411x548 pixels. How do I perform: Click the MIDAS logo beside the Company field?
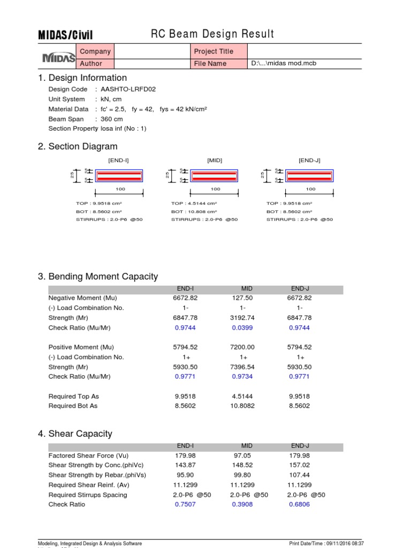point(58,57)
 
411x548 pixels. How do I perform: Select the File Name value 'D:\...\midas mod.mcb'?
point(286,64)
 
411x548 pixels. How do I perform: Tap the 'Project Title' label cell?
point(214,51)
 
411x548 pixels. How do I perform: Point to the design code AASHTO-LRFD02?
point(125,89)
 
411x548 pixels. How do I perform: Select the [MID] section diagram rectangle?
point(214,176)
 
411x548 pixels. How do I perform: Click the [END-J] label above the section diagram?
point(309,160)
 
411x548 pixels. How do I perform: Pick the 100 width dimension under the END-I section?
point(119,189)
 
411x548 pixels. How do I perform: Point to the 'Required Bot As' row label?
point(73,406)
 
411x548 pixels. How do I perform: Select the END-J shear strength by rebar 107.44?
point(299,475)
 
